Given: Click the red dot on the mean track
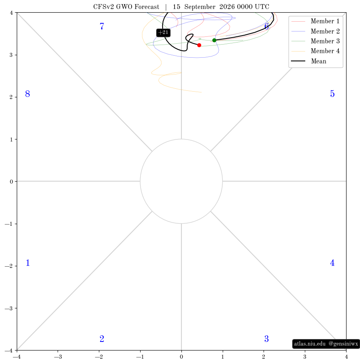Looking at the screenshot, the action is (x=199, y=45).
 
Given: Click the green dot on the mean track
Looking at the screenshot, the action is (x=215, y=40).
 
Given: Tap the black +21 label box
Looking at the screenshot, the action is (x=163, y=32).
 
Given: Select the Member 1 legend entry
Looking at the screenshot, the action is (x=315, y=21).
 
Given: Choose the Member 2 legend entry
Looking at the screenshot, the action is (x=315, y=31).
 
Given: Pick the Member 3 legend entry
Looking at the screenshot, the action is (x=315, y=41).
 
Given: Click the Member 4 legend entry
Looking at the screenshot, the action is (x=315, y=51).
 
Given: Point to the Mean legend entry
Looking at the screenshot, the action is (x=309, y=61).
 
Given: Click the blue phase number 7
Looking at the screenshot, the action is (x=102, y=26).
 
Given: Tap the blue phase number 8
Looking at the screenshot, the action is (x=28, y=94).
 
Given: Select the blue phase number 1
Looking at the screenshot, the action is (x=28, y=263).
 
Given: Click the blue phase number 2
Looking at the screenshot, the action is (x=102, y=339).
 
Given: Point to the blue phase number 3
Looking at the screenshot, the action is (x=266, y=339).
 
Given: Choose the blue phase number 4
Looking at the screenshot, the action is (x=332, y=263).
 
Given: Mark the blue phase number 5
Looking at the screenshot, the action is (x=332, y=94).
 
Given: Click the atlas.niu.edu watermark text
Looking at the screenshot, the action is (x=310, y=344).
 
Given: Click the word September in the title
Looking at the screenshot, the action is (x=200, y=7).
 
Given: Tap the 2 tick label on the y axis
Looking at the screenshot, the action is (x=11, y=97).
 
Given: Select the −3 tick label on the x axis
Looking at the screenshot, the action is (x=58, y=357).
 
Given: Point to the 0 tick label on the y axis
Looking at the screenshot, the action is (x=11, y=182).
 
